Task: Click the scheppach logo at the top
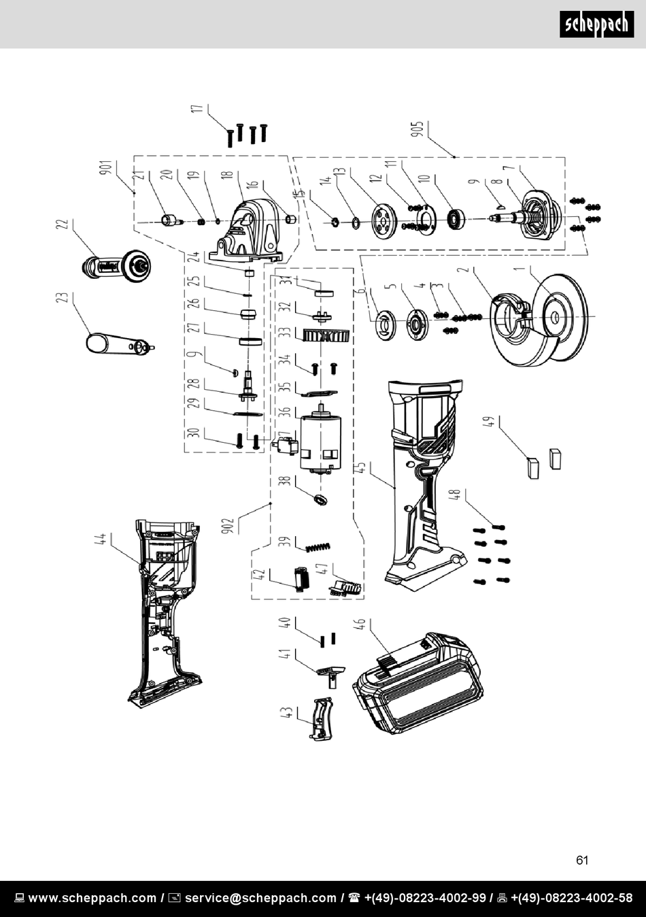(596, 24)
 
